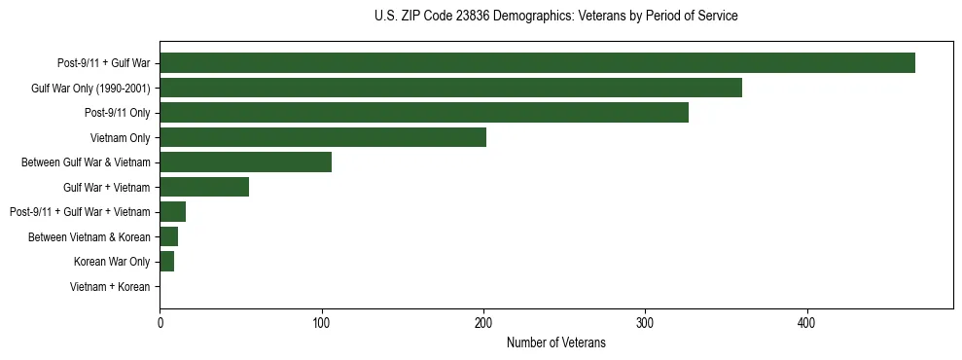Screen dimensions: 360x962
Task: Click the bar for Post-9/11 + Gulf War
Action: click(537, 63)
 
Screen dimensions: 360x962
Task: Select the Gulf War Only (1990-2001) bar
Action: click(450, 88)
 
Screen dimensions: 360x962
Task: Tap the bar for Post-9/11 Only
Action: click(424, 113)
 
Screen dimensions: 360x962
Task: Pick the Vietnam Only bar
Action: click(323, 137)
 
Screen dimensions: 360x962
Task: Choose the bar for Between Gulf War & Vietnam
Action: click(245, 162)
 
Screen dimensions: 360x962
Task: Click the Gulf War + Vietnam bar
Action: click(204, 187)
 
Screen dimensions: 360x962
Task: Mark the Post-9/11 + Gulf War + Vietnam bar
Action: click(172, 212)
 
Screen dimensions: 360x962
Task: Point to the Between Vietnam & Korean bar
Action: click(168, 236)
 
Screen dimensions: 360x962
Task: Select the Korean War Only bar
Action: click(166, 262)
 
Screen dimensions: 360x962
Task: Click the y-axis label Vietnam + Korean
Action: click(110, 287)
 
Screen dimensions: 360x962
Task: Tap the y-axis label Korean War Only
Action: click(112, 262)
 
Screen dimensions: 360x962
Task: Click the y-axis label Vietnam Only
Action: click(120, 138)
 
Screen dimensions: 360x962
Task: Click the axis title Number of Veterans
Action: click(555, 343)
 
